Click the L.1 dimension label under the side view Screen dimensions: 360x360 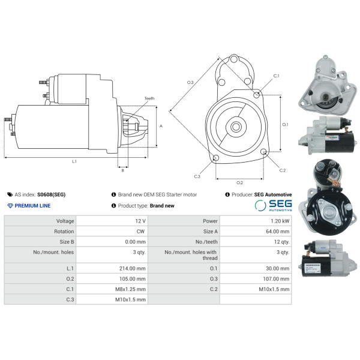click(x=74, y=161)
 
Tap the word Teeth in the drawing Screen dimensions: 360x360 click(x=149, y=98)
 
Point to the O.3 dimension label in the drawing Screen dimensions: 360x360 click(x=190, y=82)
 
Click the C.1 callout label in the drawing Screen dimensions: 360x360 click(x=277, y=76)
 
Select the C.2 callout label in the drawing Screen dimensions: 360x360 click(x=283, y=170)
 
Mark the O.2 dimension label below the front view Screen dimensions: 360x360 click(x=239, y=182)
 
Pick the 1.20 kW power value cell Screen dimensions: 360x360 click(x=280, y=221)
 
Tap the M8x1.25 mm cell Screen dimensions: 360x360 click(x=132, y=289)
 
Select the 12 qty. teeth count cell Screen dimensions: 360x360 click(x=281, y=241)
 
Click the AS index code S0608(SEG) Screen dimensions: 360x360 click(x=52, y=195)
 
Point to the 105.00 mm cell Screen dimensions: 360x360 click(x=133, y=278)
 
